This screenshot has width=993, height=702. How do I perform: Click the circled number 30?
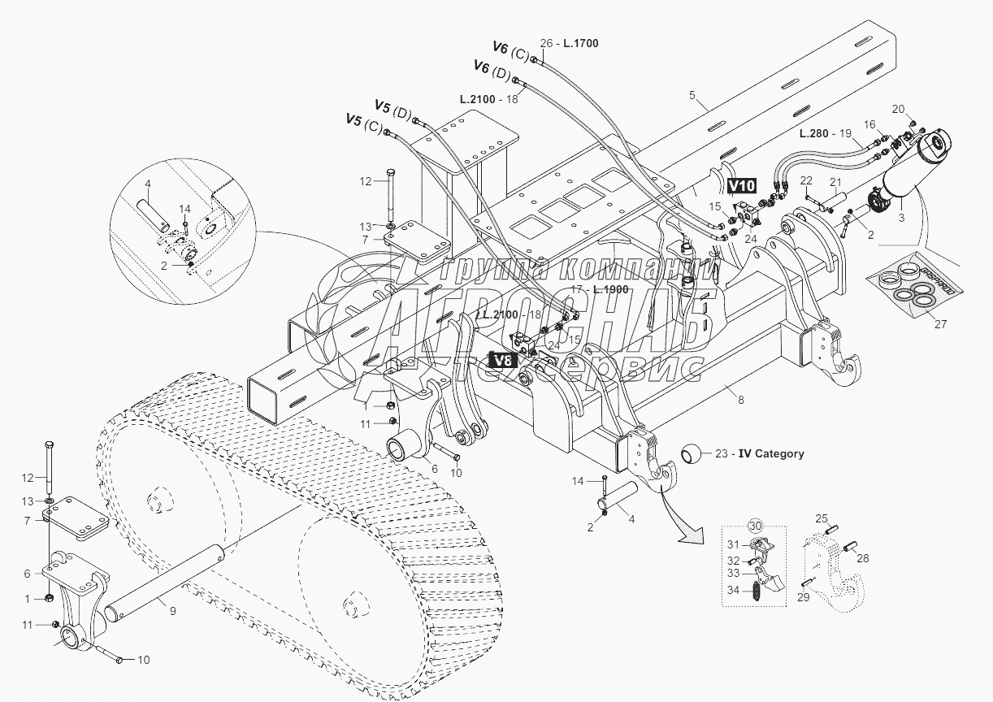point(755,526)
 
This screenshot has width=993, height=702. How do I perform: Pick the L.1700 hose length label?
point(579,43)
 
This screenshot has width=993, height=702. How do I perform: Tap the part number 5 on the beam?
point(692,96)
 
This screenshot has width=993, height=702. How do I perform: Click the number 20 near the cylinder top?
point(898,109)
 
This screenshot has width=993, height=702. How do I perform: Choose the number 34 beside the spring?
point(734,590)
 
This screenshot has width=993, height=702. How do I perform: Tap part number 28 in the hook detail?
point(863,558)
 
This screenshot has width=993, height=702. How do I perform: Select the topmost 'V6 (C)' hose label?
point(512,50)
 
